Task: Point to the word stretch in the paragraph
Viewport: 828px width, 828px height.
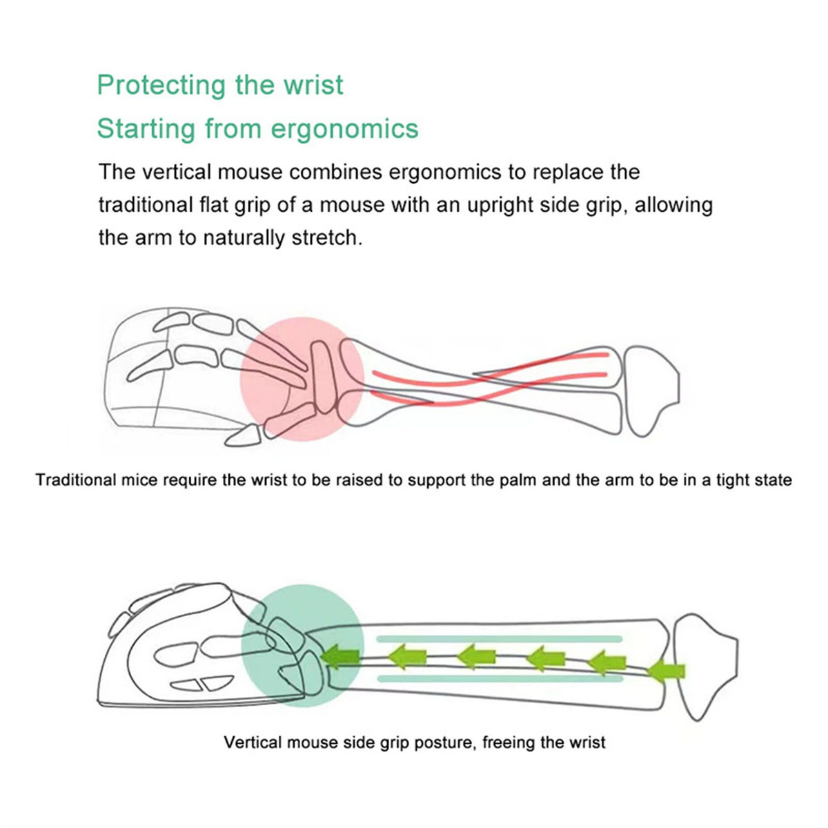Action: tap(326, 237)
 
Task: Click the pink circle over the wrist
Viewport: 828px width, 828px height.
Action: tap(302, 379)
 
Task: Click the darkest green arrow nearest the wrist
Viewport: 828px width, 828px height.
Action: tap(340, 657)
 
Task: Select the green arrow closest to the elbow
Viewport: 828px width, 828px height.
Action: tap(665, 671)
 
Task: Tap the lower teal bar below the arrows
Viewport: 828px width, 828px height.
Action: tap(500, 678)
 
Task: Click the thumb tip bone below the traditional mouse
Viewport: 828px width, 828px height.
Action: tap(243, 435)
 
